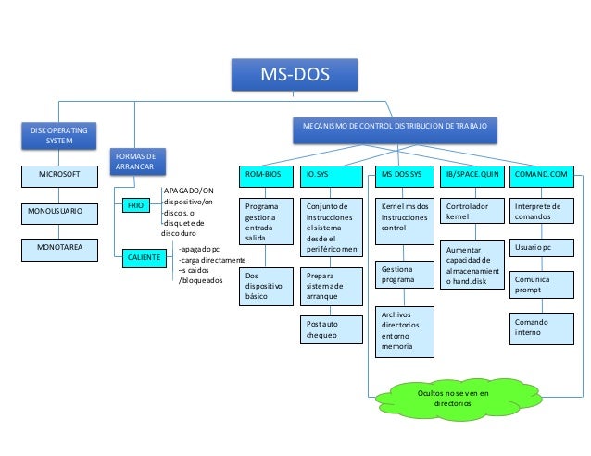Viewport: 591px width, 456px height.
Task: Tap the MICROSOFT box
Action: pos(59,174)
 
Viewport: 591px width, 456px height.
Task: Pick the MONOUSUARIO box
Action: pos(59,212)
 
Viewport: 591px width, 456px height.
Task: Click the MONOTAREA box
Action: pos(59,250)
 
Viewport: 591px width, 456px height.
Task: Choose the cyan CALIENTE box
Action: pos(140,255)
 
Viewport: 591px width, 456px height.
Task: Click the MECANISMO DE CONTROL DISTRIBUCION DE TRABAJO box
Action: pos(394,125)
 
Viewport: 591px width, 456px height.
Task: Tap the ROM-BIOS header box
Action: pos(263,174)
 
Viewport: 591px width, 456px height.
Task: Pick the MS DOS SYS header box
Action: pos(403,174)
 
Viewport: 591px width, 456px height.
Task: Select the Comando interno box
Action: pos(539,326)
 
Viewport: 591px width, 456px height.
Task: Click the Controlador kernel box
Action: pos(470,211)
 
